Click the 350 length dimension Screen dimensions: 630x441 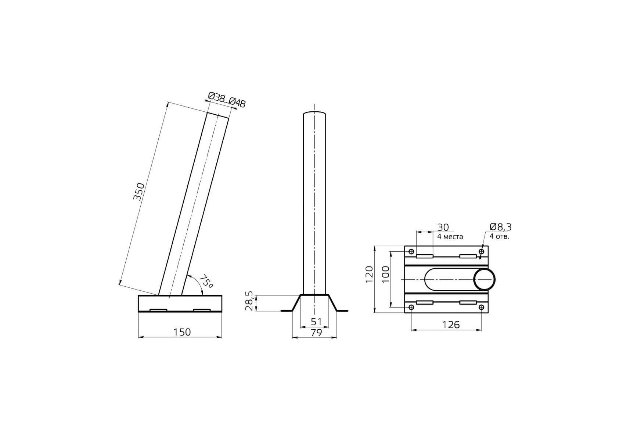(139, 191)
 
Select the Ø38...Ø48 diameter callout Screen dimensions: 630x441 (227, 100)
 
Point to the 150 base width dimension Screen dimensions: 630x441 (182, 332)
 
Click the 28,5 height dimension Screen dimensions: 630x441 (249, 301)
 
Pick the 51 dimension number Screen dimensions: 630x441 (316, 322)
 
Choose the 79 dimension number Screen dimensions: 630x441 (316, 333)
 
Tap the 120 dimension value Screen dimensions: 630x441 (369, 274)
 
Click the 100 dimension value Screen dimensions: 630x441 (385, 274)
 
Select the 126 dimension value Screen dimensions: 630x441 (451, 325)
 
